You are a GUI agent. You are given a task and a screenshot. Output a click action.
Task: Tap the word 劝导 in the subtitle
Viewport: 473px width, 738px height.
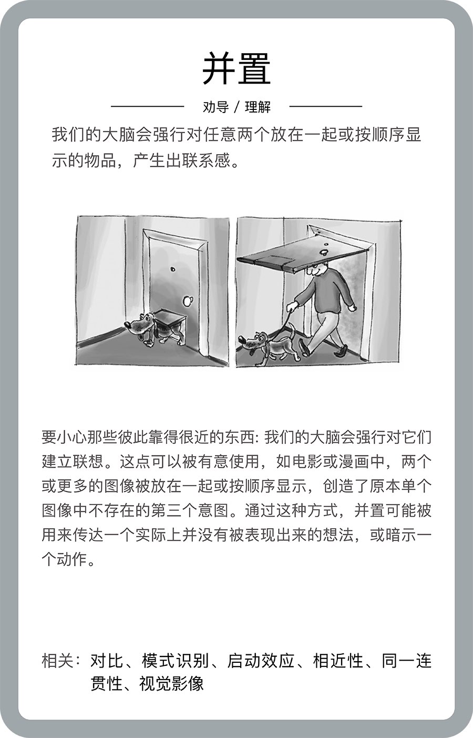[x=215, y=107]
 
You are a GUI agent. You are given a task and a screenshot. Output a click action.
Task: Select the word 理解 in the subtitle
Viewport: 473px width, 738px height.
[x=258, y=107]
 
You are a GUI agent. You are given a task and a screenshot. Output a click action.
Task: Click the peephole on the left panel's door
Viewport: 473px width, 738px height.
[x=172, y=269]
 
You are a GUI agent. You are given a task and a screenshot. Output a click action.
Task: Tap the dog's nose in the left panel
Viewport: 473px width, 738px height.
[x=127, y=325]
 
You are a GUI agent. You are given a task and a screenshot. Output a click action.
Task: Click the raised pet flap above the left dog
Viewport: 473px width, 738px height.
[x=170, y=316]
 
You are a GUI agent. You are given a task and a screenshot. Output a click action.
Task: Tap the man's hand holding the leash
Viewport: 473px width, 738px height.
[x=291, y=307]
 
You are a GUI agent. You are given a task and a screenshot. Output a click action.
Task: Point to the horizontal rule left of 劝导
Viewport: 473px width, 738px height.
[x=147, y=106]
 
